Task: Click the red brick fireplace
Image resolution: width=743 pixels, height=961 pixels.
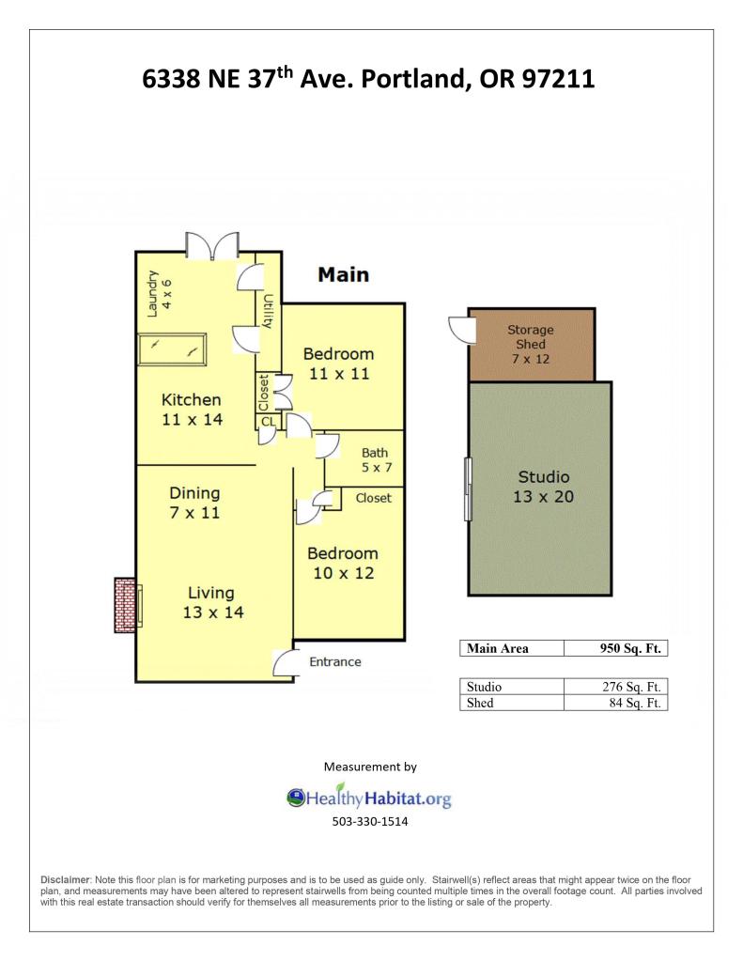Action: (126, 605)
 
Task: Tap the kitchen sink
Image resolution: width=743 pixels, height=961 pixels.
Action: (172, 349)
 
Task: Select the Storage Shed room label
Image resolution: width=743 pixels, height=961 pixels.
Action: (531, 344)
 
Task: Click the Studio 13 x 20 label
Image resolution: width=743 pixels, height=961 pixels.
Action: (544, 487)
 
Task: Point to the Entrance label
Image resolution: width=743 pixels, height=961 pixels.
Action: (334, 662)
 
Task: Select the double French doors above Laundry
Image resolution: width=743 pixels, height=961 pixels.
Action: (212, 246)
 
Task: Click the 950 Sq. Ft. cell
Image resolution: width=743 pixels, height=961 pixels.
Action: (615, 648)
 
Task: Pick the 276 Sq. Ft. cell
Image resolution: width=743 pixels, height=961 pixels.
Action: (615, 687)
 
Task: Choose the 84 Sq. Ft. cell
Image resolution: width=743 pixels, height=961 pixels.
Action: (615, 703)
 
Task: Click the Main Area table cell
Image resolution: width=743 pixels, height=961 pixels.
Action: (512, 648)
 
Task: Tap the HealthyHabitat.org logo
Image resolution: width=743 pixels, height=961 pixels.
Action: (369, 797)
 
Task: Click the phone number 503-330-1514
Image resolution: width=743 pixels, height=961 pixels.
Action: (370, 821)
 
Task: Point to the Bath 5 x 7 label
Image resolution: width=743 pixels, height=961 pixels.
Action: (377, 459)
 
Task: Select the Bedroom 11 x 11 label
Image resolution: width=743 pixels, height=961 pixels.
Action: (338, 364)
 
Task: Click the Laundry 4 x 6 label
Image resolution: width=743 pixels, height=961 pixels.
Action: (160, 294)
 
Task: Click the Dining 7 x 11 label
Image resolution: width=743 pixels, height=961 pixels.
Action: (194, 503)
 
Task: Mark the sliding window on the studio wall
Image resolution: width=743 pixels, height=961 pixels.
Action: (469, 489)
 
